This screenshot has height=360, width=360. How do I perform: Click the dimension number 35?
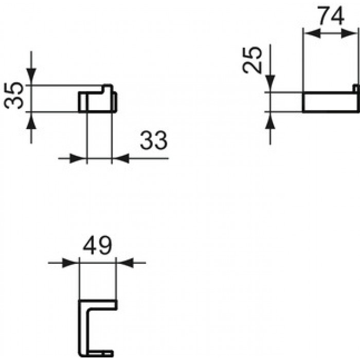point(13,95)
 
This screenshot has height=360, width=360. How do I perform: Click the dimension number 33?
point(154,140)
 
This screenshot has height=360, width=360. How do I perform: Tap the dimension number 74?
point(331,15)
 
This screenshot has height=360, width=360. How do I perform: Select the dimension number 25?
point(252,60)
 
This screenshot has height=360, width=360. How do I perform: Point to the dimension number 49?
point(97,245)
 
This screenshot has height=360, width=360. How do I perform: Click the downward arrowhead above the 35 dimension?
point(31,75)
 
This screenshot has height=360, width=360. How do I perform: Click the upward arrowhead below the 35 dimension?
point(31,122)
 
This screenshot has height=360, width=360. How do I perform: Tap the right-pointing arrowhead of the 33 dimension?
point(76,158)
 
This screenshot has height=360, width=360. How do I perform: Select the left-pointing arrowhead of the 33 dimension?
point(122,158)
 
